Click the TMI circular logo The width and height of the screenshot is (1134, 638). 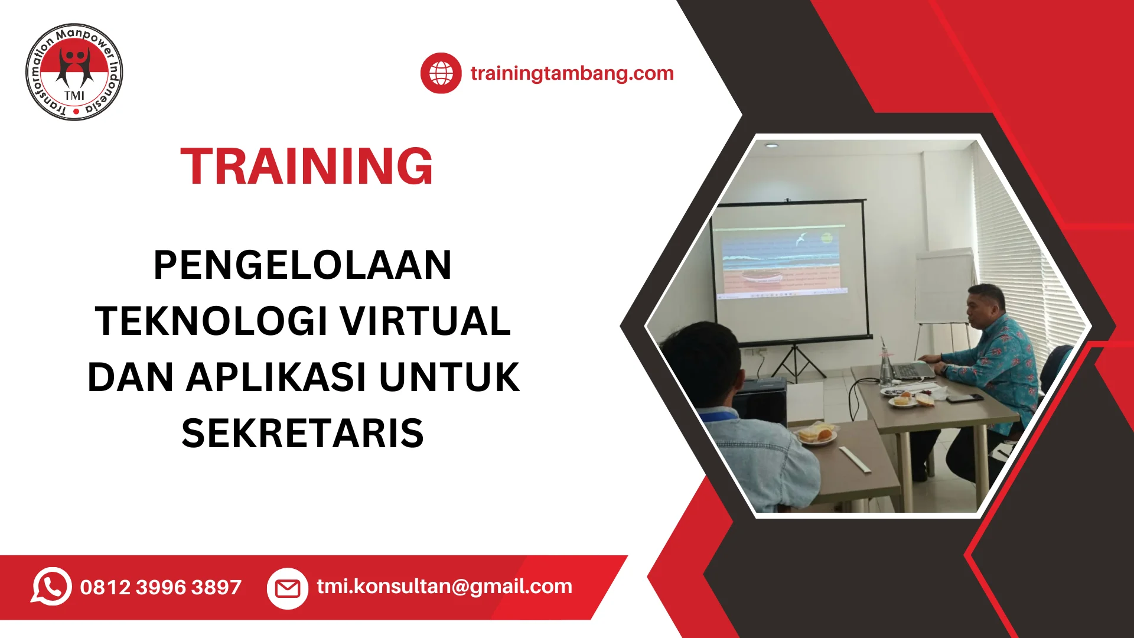[74, 72]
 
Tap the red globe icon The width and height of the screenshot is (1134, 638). [441, 73]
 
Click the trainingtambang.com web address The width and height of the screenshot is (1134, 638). [572, 73]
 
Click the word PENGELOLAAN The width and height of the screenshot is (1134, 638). [302, 265]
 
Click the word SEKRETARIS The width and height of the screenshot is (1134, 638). [302, 433]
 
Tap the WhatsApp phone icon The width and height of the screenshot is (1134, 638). [51, 586]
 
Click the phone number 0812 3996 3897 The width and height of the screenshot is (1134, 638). [161, 587]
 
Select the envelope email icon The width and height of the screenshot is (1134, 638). [288, 588]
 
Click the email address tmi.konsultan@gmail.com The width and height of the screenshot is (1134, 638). [444, 587]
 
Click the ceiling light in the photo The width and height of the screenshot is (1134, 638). [771, 145]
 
